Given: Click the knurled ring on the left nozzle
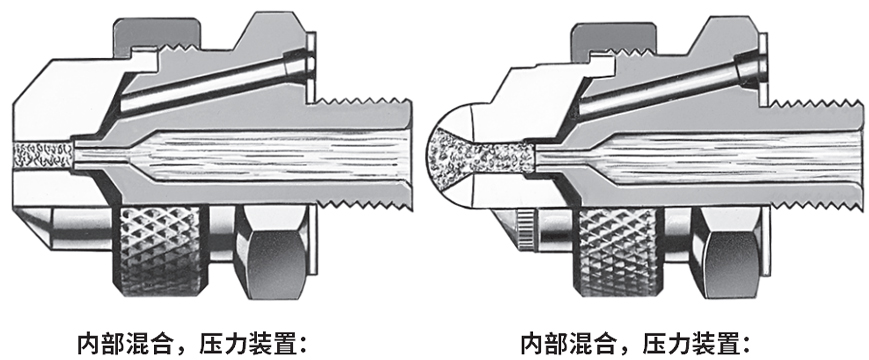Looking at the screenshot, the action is [x=160, y=250].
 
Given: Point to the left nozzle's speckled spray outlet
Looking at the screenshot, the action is [x=43, y=156].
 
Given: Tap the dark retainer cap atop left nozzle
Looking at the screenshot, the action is [x=157, y=34].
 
